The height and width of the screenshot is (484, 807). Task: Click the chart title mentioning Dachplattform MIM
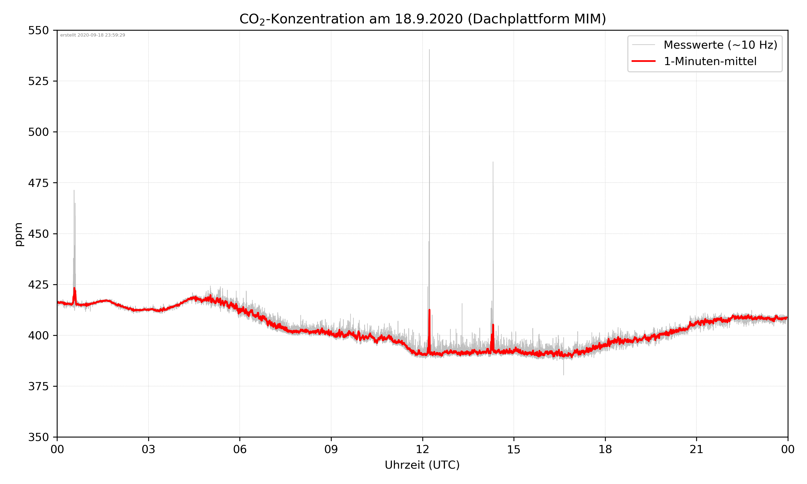pos(422,19)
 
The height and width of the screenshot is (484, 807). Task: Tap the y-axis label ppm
pos(19,234)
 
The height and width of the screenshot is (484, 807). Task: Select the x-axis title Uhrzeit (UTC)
pos(422,465)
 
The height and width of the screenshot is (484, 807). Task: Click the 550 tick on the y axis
pos(38,30)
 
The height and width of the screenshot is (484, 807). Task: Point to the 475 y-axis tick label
pos(38,183)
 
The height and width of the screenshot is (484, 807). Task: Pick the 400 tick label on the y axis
pos(38,336)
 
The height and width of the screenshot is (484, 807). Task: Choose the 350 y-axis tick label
pos(38,437)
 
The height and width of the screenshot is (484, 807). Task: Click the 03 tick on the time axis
pos(148,449)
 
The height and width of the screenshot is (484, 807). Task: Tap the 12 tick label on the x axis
pos(422,449)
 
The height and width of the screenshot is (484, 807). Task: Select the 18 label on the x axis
pos(605,449)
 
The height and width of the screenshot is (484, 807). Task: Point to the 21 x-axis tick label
pos(696,449)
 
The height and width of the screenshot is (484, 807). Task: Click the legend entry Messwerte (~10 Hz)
pos(720,45)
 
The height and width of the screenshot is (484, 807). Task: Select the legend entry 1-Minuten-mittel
pos(710,61)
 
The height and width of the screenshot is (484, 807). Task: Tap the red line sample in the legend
pos(643,61)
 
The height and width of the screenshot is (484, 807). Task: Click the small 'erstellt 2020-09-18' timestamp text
pos(93,35)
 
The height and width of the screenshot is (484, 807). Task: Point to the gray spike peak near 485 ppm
pos(493,162)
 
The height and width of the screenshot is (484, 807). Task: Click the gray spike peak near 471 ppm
pos(74,190)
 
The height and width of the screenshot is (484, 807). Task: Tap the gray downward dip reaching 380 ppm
pos(563,374)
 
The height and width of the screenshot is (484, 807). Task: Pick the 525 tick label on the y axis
pos(38,81)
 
